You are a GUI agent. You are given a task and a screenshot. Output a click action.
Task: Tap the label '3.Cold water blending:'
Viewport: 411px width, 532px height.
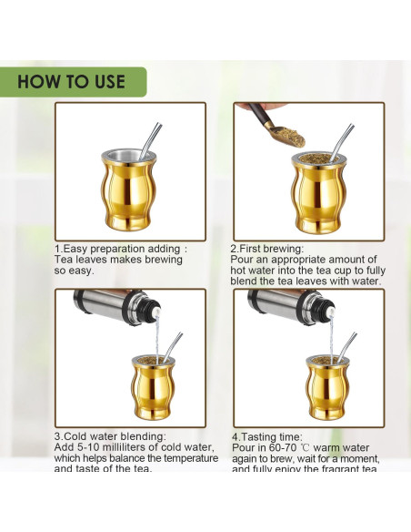pos(110,436)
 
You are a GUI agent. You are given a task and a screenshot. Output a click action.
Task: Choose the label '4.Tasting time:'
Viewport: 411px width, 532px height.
pos(265,436)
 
